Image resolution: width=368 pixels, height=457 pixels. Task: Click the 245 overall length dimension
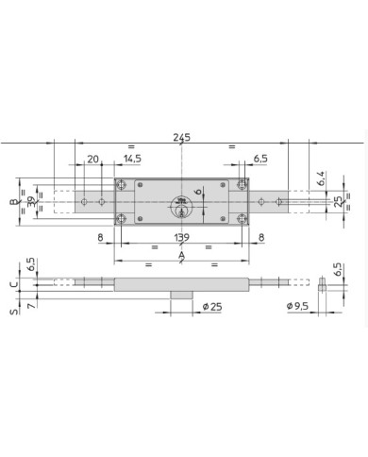tap(182, 138)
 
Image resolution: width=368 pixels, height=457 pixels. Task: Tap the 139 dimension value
tap(182, 237)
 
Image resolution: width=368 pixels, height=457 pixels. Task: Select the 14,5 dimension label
tap(132, 159)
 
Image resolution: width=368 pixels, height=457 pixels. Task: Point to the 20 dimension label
tap(92, 159)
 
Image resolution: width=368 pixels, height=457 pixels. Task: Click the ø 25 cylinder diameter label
tap(212, 306)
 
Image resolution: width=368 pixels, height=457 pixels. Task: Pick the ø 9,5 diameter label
tap(297, 306)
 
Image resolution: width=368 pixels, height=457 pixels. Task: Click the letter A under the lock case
tap(181, 255)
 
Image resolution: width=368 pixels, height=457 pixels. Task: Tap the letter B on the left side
tap(13, 202)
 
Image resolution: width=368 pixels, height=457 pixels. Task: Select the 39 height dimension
tap(31, 202)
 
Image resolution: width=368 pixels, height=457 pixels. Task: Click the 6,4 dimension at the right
tap(321, 178)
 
